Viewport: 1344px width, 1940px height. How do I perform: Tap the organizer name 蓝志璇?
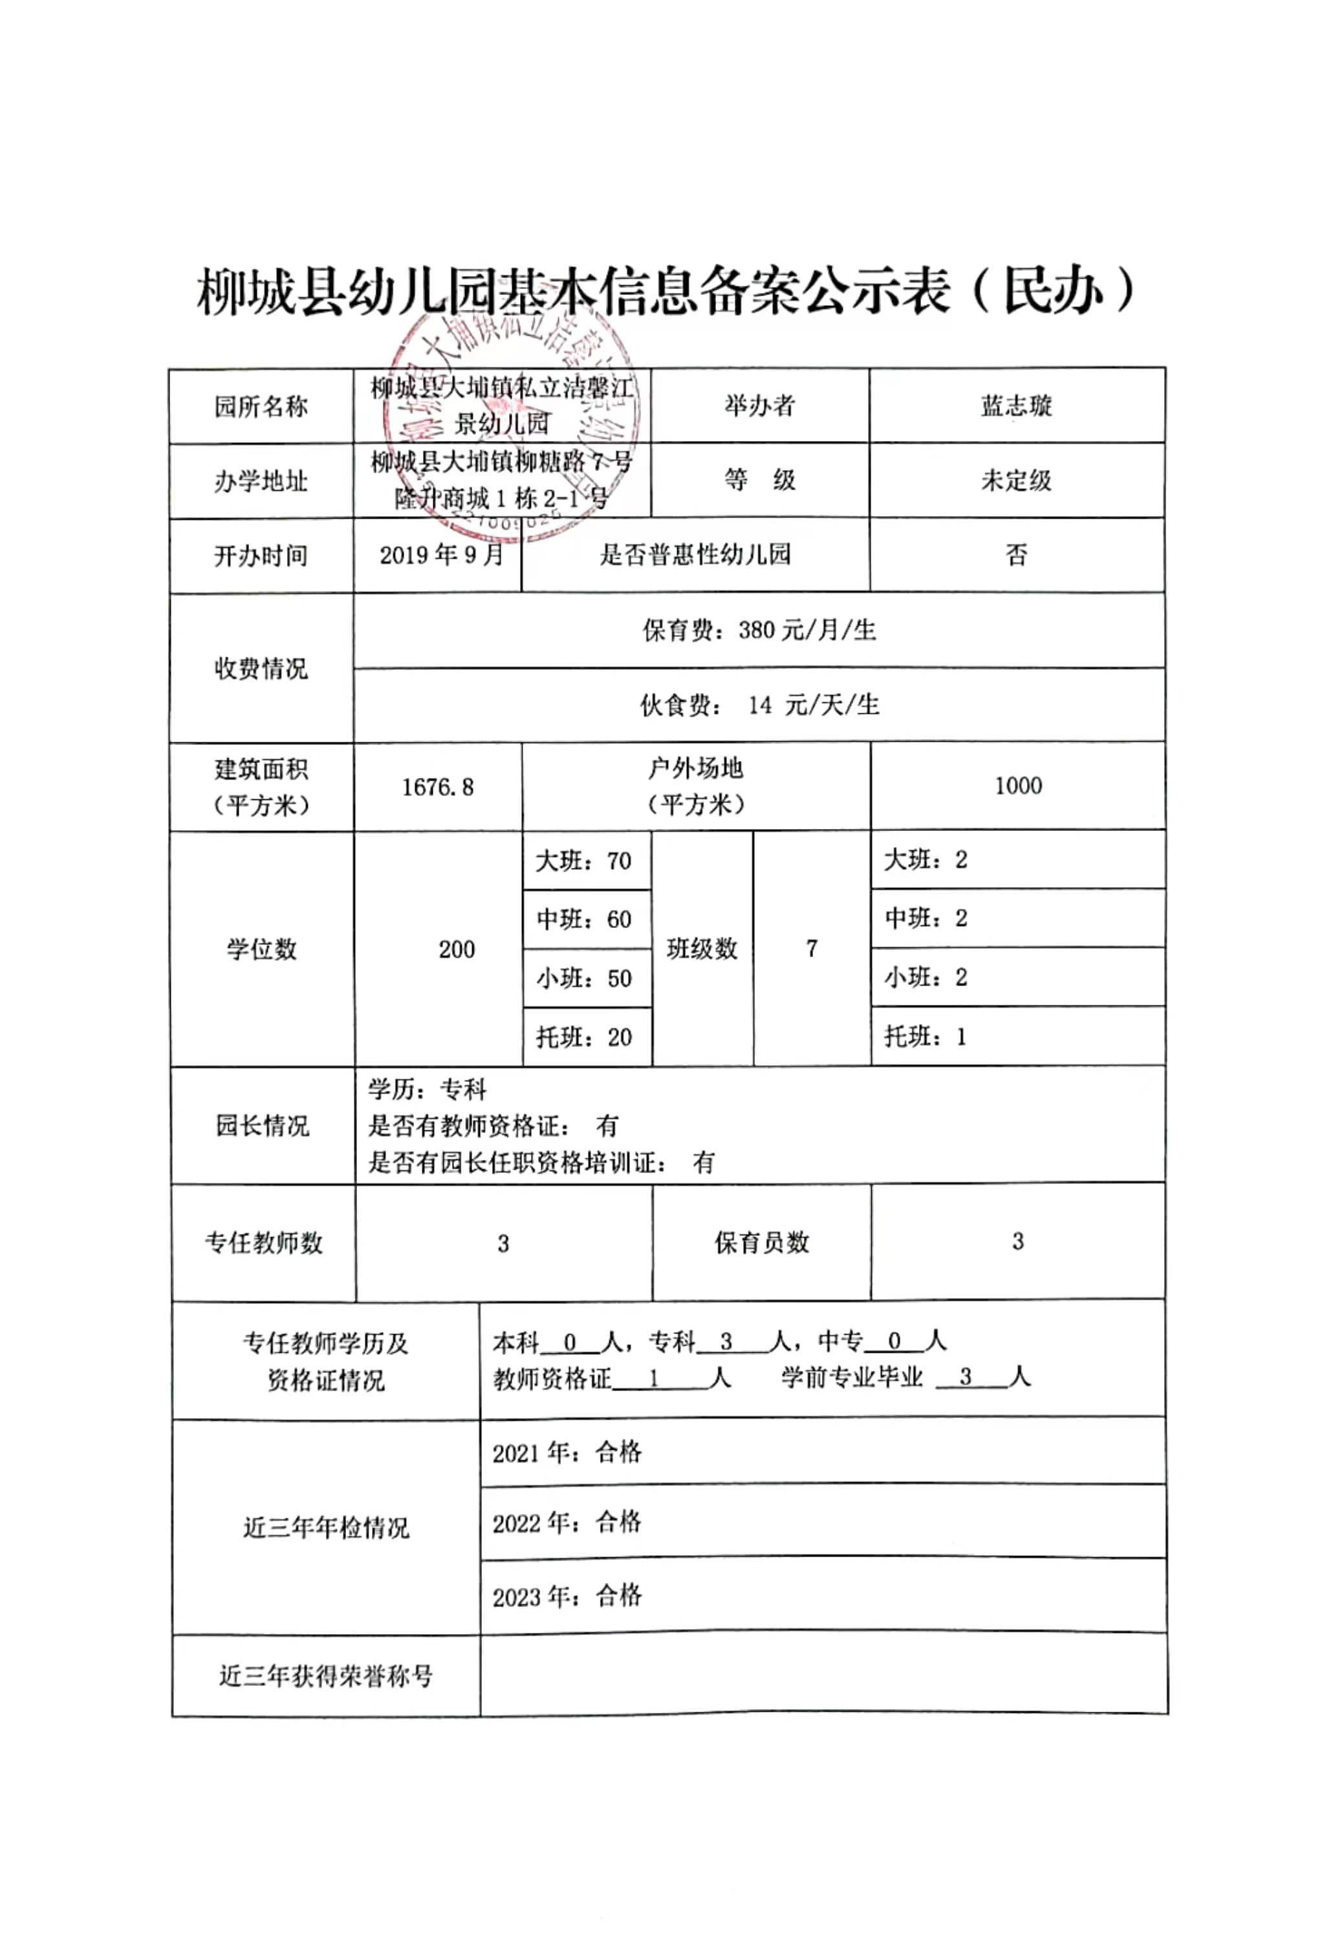pyautogui.click(x=1017, y=406)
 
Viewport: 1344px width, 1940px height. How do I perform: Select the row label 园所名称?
pyautogui.click(x=261, y=407)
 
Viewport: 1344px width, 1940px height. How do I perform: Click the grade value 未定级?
pyautogui.click(x=1017, y=480)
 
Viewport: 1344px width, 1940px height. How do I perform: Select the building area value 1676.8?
pyautogui.click(x=438, y=787)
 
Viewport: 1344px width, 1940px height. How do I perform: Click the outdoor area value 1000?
pyautogui.click(x=1018, y=786)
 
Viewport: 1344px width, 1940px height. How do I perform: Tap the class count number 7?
pyautogui.click(x=811, y=949)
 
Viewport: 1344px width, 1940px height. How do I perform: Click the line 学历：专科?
pyautogui.click(x=427, y=1090)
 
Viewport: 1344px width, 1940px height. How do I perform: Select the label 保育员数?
pyautogui.click(x=761, y=1242)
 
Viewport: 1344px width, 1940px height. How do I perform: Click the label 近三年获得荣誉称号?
pyautogui.click(x=326, y=1676)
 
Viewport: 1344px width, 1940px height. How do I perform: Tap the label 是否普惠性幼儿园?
pyautogui.click(x=695, y=554)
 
